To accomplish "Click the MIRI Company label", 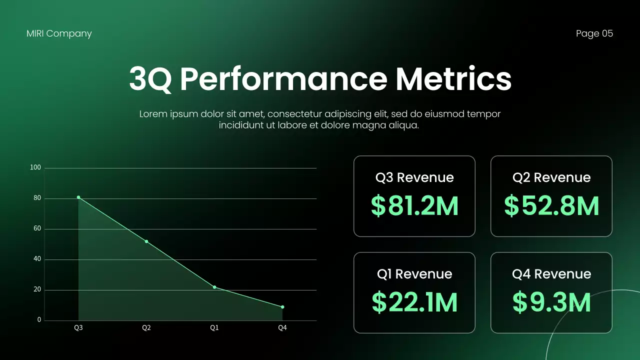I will (x=59, y=33).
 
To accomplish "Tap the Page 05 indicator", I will (x=594, y=33).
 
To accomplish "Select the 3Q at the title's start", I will (x=150, y=79).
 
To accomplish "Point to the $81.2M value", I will (x=414, y=206).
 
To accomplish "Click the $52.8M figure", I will (x=551, y=206).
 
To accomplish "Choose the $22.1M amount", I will (x=414, y=302).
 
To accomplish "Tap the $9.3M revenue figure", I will (x=551, y=302).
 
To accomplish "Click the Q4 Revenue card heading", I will (x=551, y=274).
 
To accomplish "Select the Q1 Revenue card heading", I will (x=414, y=274).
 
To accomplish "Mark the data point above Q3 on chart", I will (x=78, y=197).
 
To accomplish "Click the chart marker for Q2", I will (x=146, y=241).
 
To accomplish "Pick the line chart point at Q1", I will (x=214, y=287).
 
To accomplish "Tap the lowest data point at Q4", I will (x=282, y=307).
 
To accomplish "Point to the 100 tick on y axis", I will (x=35, y=167).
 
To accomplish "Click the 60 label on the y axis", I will (x=37, y=228).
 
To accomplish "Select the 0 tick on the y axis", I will (x=39, y=320).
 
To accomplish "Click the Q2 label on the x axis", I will (x=146, y=328).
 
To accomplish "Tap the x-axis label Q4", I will (x=282, y=328).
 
